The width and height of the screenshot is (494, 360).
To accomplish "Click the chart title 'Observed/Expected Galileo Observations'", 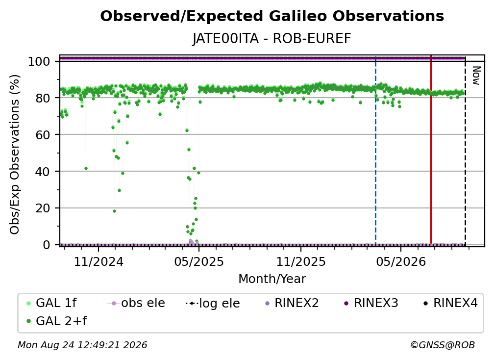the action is click(x=272, y=16).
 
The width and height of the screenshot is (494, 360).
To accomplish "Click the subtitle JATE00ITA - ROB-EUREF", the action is click(x=272, y=39).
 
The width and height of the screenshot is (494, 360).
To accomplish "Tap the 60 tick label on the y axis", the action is click(x=43, y=135).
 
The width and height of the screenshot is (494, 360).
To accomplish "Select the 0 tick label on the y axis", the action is click(x=47, y=245).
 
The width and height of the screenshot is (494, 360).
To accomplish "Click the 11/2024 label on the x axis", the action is click(x=99, y=261).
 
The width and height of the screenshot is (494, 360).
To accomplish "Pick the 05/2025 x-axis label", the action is click(x=199, y=261).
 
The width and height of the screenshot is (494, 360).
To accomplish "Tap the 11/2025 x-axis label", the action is click(x=301, y=261).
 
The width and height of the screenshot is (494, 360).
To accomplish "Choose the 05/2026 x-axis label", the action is click(x=401, y=261).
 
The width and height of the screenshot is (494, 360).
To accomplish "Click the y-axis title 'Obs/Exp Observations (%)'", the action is click(x=15, y=154).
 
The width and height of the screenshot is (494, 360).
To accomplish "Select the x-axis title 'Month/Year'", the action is click(x=272, y=279).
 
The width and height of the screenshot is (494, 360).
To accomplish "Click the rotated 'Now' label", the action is click(x=476, y=76).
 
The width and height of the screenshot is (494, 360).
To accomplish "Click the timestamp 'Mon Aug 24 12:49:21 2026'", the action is click(x=82, y=345).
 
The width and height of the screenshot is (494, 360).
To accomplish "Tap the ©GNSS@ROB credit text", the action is click(x=443, y=345).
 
